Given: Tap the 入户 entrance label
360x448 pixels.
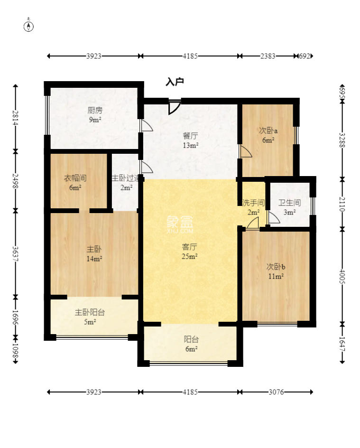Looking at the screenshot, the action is (175, 82).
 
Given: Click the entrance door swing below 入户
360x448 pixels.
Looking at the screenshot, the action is (174, 107).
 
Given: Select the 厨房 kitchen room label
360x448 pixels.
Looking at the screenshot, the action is (95, 114).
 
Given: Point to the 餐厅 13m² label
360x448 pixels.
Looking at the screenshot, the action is (190, 140).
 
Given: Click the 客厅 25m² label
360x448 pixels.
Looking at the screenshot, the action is (190, 251).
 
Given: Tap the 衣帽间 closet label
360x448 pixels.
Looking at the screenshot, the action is (75, 183).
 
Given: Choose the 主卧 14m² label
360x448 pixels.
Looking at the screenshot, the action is (94, 254).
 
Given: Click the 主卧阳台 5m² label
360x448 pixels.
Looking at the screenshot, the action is (90, 317).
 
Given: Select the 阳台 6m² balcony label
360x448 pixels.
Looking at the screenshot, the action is (191, 344).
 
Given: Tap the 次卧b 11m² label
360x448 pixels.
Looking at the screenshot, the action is (276, 271).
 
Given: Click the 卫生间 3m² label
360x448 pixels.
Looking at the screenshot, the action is (289, 207).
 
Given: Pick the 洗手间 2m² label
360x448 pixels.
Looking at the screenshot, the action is (253, 207).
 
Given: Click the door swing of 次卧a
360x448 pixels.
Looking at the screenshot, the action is (246, 151).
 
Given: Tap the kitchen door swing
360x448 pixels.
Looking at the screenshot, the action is (147, 125).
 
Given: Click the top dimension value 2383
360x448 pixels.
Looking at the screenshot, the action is (268, 56).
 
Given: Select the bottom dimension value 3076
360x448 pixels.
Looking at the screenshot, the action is (276, 392).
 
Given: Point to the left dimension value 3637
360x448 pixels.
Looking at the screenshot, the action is (16, 254).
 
